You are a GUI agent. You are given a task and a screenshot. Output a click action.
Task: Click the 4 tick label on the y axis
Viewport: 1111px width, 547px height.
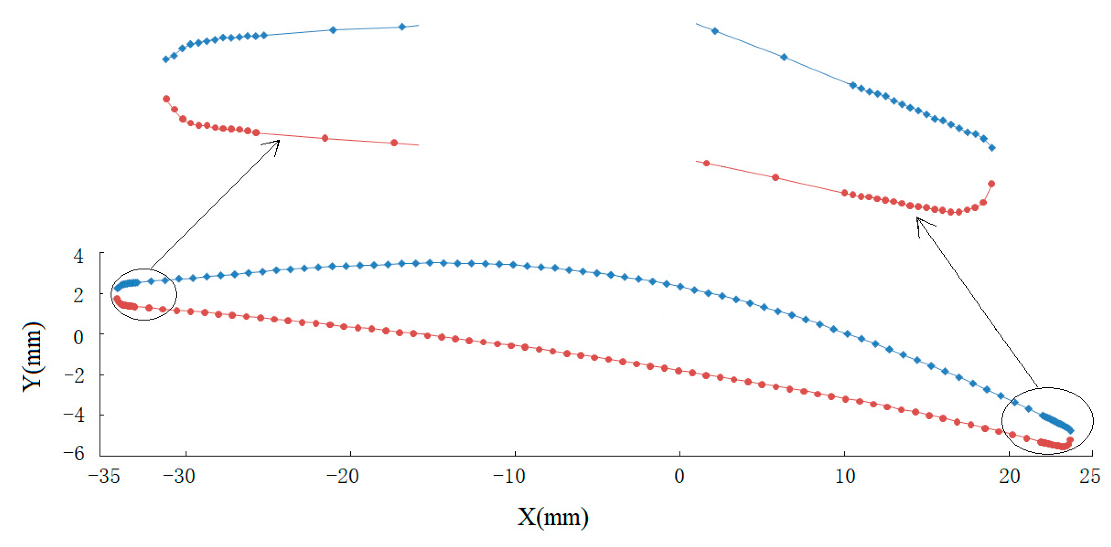coord(78,256)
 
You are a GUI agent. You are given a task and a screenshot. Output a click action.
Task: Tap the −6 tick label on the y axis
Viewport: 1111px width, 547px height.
coord(74,454)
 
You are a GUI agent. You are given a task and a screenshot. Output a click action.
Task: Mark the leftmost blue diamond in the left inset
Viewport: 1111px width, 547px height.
coord(166,59)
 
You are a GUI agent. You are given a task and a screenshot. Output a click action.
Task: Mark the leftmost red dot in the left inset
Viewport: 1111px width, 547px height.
coord(166,99)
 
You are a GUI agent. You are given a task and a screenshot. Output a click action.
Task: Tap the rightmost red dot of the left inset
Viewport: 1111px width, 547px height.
coord(394,143)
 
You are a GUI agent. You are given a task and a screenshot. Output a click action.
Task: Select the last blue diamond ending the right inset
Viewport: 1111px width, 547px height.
coord(992,148)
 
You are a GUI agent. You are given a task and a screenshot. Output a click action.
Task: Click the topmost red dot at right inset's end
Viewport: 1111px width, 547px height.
coord(992,184)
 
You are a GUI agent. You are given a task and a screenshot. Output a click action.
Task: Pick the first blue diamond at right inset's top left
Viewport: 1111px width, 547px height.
coord(715,31)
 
